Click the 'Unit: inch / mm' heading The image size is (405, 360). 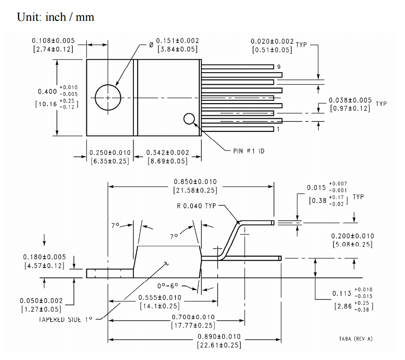pyautogui.click(x=55, y=17)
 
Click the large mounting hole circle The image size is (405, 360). pyautogui.click(x=95, y=98)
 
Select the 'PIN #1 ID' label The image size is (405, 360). pyautogui.click(x=249, y=151)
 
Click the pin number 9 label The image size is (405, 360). pyautogui.click(x=279, y=67)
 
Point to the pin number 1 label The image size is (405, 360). pyautogui.click(x=278, y=129)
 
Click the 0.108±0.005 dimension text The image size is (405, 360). pyautogui.click(x=53, y=41)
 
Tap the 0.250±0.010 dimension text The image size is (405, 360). pyautogui.click(x=110, y=153)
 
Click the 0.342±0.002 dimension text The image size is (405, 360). pyautogui.click(x=168, y=153)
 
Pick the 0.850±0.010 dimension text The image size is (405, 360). pyautogui.click(x=195, y=182)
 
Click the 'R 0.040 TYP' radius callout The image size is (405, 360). pyautogui.click(x=196, y=206)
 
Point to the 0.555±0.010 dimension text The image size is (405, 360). pyautogui.click(x=160, y=297)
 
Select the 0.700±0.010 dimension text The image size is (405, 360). pyautogui.click(x=193, y=317)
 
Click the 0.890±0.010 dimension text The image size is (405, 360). pyautogui.click(x=219, y=337)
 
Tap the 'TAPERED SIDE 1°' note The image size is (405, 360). pyautogui.click(x=65, y=319)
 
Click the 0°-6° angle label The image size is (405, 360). pyautogui.click(x=168, y=286)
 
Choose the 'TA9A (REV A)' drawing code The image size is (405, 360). pyautogui.click(x=356, y=339)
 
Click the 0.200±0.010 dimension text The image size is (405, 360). pyautogui.click(x=353, y=236)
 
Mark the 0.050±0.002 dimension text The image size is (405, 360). pyautogui.click(x=41, y=300)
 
